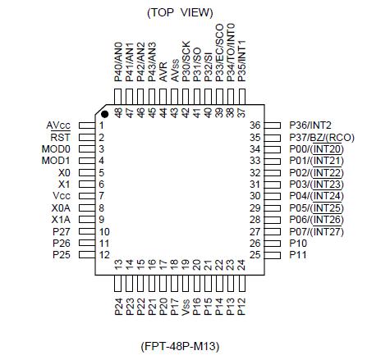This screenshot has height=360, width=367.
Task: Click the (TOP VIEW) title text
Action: pos(179,12)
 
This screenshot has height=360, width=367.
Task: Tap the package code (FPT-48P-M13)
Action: pos(179,345)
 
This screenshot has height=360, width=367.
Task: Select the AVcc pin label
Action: pos(58,125)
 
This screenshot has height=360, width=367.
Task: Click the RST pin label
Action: pos(61,136)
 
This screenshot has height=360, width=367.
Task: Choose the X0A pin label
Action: pos(61,208)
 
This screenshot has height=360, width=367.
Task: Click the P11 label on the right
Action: pos(297,256)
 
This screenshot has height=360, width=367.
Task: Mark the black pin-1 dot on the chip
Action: pos(104,114)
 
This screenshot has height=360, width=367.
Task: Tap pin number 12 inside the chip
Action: pos(103,256)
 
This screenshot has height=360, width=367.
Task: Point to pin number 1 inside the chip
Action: pos(101,125)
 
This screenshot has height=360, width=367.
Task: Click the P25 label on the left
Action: pos(61,256)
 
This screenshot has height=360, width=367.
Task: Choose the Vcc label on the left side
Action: pos(61,196)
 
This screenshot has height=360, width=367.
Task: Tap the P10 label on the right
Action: pos(297,244)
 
